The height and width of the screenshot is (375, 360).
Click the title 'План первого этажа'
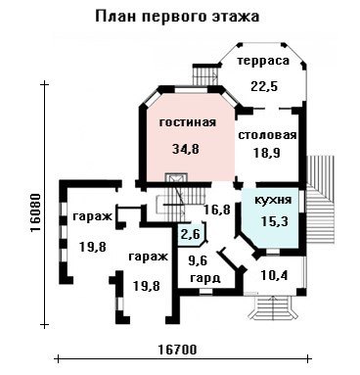(x=177, y=17)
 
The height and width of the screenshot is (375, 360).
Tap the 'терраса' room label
(x=263, y=61)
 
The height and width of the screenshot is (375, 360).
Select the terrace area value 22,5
(x=264, y=86)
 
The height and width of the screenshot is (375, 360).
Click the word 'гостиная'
(x=188, y=122)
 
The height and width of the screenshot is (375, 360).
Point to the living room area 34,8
(x=185, y=149)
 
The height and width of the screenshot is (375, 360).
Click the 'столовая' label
(x=267, y=135)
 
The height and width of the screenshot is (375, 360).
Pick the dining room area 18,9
(x=267, y=153)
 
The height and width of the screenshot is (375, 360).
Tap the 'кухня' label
(x=273, y=200)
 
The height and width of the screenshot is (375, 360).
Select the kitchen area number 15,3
(x=275, y=221)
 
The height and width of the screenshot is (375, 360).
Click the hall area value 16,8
(x=217, y=210)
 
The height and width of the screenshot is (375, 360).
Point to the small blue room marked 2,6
(x=191, y=233)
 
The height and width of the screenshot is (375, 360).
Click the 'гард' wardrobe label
(x=205, y=278)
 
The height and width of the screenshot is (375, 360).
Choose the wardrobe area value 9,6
(x=199, y=260)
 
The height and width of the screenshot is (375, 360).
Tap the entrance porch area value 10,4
(x=274, y=276)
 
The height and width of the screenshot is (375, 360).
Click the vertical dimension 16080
(x=35, y=212)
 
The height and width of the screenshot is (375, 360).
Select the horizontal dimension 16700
(x=178, y=350)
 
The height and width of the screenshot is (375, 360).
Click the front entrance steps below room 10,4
(x=273, y=307)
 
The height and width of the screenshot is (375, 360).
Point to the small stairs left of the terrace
(x=204, y=74)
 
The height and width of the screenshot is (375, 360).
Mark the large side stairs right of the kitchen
(x=322, y=199)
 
